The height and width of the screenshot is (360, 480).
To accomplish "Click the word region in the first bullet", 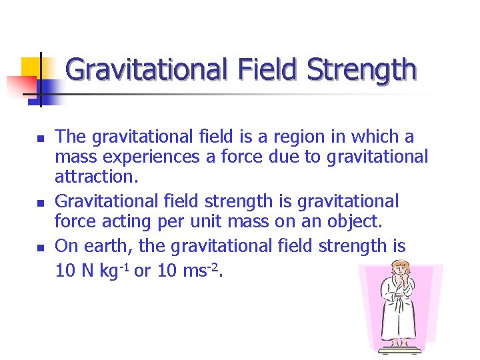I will pyautogui.click(x=293, y=137).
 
